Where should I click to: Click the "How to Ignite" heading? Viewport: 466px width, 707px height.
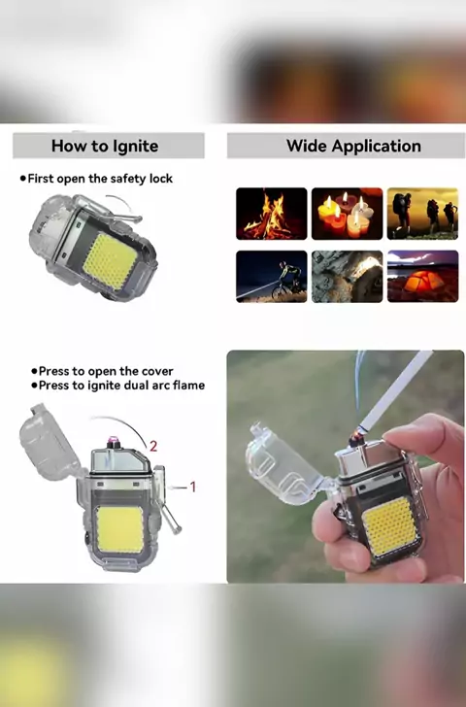(x=105, y=146)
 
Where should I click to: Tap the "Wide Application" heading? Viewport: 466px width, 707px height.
(x=353, y=146)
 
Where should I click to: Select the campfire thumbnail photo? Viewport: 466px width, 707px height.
(x=271, y=214)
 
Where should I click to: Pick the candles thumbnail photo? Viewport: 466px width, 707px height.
(x=347, y=214)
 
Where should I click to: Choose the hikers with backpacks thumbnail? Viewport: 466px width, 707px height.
(x=422, y=214)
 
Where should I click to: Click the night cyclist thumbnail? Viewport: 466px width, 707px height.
(x=271, y=277)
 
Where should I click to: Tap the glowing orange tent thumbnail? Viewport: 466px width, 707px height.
(x=422, y=277)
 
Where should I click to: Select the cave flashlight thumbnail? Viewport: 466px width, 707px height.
(x=347, y=277)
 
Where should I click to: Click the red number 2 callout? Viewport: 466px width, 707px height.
(x=153, y=446)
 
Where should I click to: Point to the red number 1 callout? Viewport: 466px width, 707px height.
(x=193, y=487)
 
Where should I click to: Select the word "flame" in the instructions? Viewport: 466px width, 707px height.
(x=189, y=385)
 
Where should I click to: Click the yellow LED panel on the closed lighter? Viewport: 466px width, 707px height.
(x=111, y=261)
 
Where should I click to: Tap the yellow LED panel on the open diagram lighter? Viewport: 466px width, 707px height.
(x=119, y=530)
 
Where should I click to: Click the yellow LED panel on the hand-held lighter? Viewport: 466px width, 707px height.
(x=390, y=526)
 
